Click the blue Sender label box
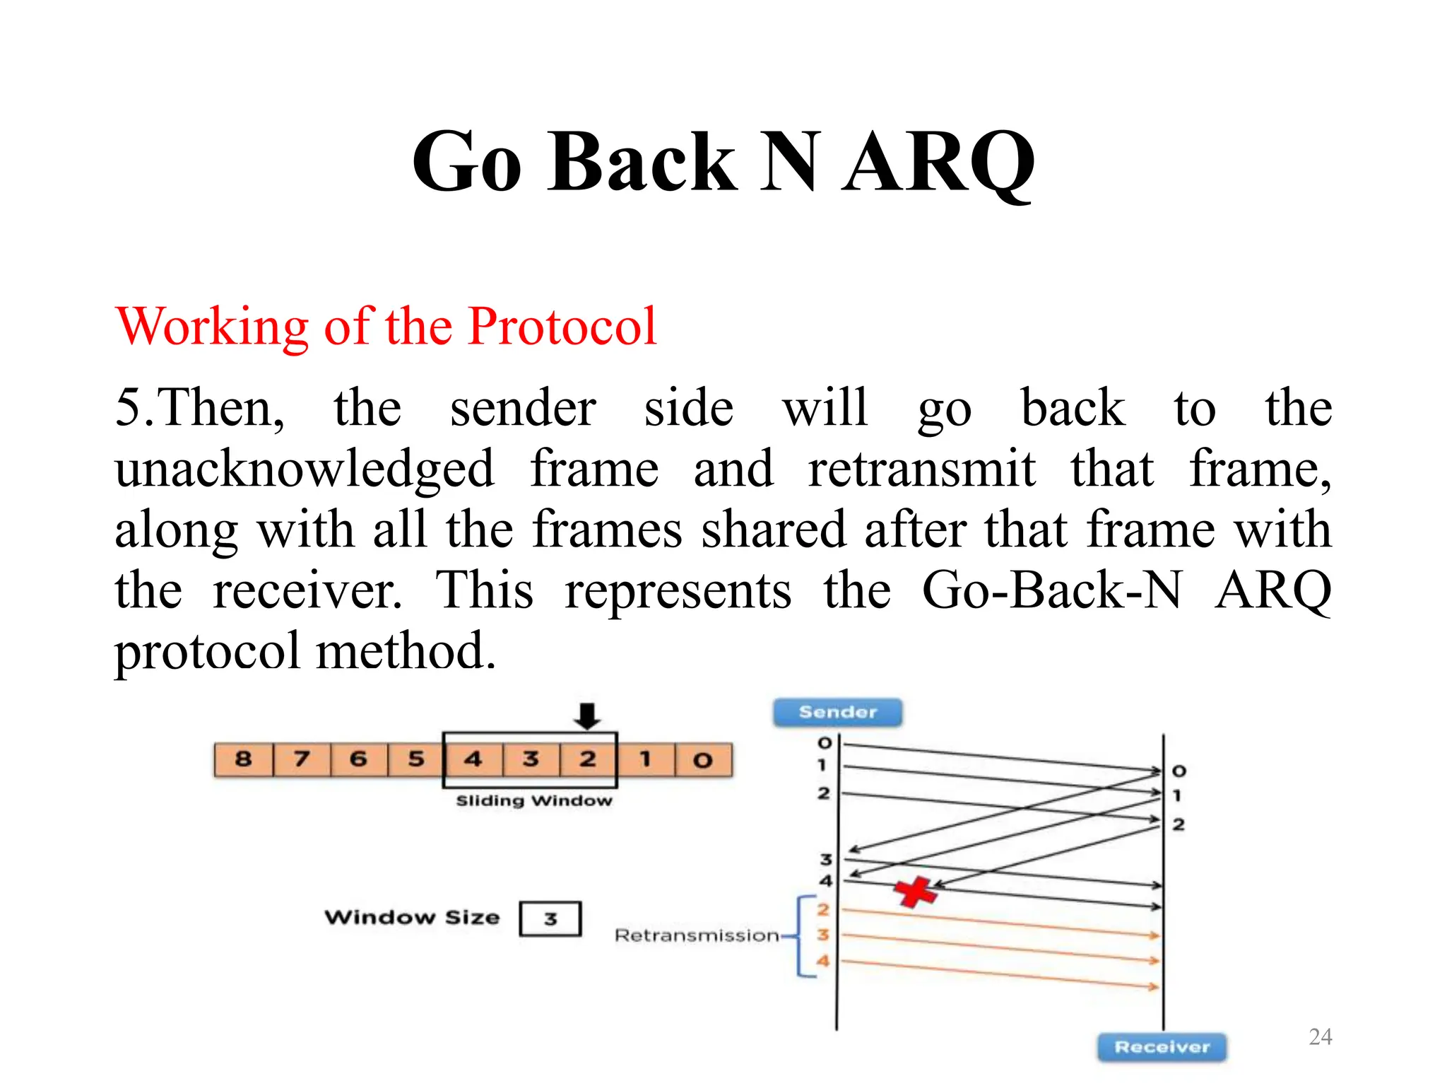[x=837, y=712]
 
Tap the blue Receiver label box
[x=1162, y=1046]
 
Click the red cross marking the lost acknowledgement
[x=915, y=892]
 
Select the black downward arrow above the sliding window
[x=587, y=716]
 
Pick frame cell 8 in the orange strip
[x=244, y=759]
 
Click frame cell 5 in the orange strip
[x=416, y=759]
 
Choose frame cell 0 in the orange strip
[x=702, y=760]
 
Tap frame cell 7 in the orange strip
[x=302, y=759]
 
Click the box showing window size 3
[x=550, y=918]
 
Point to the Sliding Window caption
[x=534, y=800]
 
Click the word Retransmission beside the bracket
[x=697, y=935]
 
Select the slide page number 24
[x=1320, y=1037]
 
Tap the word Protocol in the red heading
[x=562, y=327]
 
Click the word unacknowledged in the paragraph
[x=305, y=469]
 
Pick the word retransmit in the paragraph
[x=922, y=469]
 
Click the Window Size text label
[x=412, y=917]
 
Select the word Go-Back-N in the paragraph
[x=1051, y=590]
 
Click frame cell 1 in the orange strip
[x=645, y=760]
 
